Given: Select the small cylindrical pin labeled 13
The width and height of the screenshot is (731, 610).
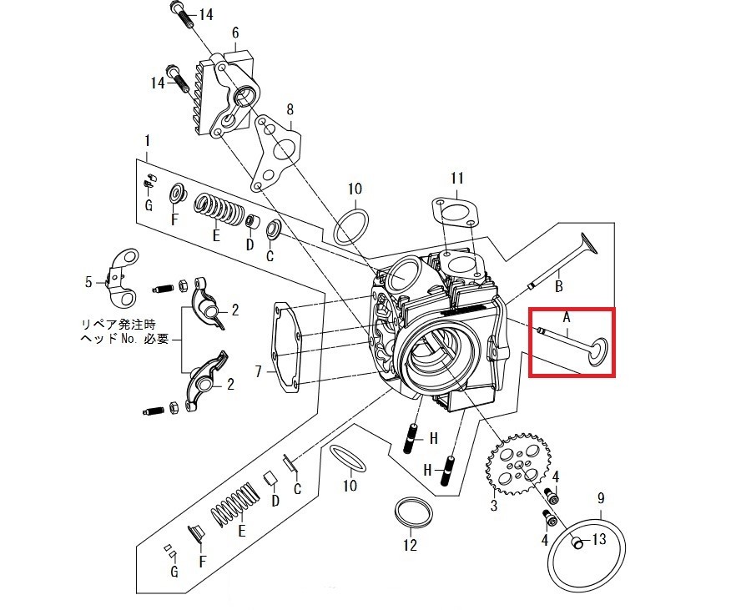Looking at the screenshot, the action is tap(578, 542).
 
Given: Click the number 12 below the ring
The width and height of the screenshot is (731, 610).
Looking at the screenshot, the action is tap(410, 545).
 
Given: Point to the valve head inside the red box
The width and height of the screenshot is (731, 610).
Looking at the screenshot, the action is tap(598, 352).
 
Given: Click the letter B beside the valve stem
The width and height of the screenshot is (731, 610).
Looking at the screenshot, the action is tap(558, 285).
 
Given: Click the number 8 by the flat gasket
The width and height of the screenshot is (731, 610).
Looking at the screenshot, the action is tap(290, 109).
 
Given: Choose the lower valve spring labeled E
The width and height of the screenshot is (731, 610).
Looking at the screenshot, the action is tap(235, 505).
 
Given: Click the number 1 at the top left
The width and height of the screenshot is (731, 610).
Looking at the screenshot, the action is tap(148, 140).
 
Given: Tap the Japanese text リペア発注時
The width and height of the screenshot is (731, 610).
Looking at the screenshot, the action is tap(118, 324).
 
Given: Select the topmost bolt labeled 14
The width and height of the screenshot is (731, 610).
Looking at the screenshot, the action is tap(183, 15).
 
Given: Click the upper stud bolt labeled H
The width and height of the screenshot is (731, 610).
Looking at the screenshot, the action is tap(411, 438).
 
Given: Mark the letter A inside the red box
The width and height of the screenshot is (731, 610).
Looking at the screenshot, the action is tap(567, 318).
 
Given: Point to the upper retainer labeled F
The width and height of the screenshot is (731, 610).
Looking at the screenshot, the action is tap(178, 194).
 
